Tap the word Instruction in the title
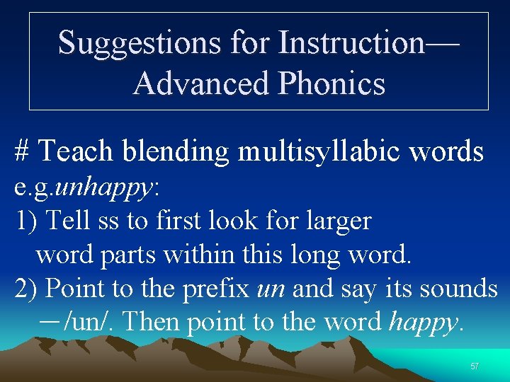[351, 42]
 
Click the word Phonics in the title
[332, 83]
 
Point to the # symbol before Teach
[22, 151]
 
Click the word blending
[175, 151]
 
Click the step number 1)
[25, 221]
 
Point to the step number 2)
[26, 289]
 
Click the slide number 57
[474, 366]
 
